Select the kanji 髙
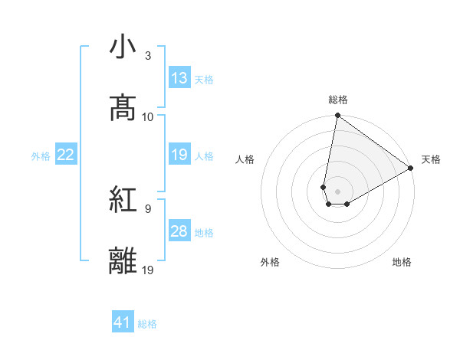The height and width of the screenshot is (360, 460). (x=123, y=107)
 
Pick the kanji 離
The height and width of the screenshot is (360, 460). (x=123, y=261)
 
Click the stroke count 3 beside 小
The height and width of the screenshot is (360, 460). (x=148, y=56)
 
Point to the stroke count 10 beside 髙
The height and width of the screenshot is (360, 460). (x=148, y=116)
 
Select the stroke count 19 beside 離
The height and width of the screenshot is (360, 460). (x=148, y=270)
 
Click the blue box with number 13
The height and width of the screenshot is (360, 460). (x=179, y=77)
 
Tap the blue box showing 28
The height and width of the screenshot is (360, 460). (x=179, y=231)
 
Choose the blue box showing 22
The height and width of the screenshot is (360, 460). (x=66, y=155)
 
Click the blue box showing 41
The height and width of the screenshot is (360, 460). (x=123, y=322)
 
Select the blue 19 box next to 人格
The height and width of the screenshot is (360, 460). (x=179, y=155)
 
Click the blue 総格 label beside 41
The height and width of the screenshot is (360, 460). (x=147, y=324)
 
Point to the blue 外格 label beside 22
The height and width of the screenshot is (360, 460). (x=41, y=155)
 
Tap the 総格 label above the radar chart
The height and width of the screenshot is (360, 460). (x=337, y=100)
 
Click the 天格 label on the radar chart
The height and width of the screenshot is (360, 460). (x=432, y=159)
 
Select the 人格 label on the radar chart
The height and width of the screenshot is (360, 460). (x=245, y=159)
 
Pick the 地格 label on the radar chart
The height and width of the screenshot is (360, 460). (x=402, y=262)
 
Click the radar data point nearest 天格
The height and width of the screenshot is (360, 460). (x=411, y=169)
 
